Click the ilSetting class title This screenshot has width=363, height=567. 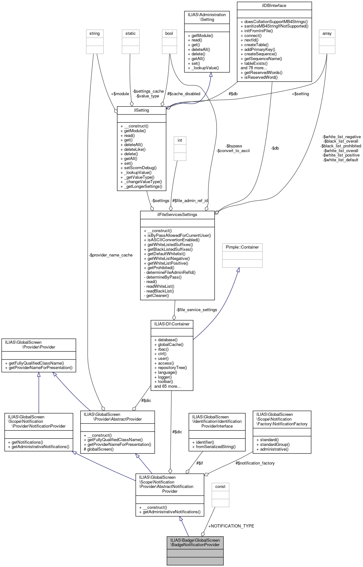coord(141,110)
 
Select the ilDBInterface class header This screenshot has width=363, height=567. coord(274,6)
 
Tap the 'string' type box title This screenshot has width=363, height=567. coord(95,34)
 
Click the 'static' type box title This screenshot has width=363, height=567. coord(131,34)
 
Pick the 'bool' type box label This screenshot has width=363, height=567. coord(169,34)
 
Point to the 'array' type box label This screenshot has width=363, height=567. coord(327,34)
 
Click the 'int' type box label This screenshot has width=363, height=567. coord(180,140)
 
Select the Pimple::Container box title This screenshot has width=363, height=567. coord(242,247)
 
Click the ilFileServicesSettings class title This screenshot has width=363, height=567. coord(177,215)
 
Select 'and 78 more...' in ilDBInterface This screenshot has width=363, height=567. coord(254,68)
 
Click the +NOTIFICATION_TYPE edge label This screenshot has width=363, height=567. coord(231,526)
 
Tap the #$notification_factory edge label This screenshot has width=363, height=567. coord(255,463)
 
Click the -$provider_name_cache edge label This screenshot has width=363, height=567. coord(111,255)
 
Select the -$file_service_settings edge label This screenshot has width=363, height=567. coord(197,310)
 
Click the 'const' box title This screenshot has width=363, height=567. coord(220,487)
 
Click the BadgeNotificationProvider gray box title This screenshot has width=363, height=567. coord(195,542)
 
